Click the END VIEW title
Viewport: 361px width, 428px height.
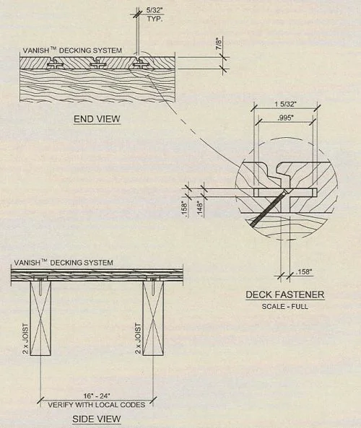tap(97, 119)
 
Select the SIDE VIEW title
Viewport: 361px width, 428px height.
tap(97, 419)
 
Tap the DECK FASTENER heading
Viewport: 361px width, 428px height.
tap(285, 294)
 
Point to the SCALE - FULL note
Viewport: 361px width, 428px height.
tap(285, 306)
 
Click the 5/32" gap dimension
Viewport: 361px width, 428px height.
tap(155, 10)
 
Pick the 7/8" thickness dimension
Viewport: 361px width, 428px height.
tap(219, 44)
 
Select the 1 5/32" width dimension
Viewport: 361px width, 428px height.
tap(285, 104)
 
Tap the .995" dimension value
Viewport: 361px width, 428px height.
tap(285, 118)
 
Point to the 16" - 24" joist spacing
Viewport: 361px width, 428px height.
tap(97, 396)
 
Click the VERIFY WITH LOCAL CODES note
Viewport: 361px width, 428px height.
tap(97, 404)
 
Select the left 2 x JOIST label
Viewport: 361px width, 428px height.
tap(25, 339)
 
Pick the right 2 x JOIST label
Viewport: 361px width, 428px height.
tap(139, 339)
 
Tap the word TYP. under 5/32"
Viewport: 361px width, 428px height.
tap(155, 19)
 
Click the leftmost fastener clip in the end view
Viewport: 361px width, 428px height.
tap(55, 65)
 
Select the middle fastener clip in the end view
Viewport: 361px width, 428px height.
tap(97, 65)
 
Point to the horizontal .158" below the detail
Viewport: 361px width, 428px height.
tap(304, 272)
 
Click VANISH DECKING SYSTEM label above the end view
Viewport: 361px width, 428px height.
tap(72, 51)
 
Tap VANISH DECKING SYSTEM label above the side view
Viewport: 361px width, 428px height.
tap(64, 263)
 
